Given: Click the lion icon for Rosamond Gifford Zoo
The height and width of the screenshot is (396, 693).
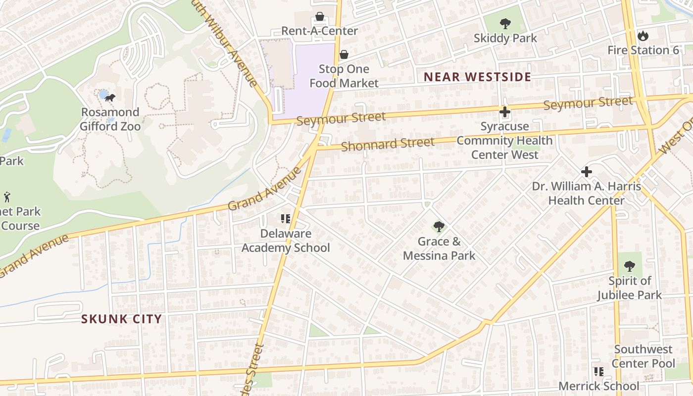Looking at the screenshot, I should [110, 98].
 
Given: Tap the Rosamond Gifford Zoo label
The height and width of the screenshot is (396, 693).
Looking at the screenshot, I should [110, 119].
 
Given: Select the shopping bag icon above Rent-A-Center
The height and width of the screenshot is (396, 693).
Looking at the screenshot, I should [320, 16].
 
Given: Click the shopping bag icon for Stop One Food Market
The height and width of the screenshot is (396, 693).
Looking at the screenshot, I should [344, 54].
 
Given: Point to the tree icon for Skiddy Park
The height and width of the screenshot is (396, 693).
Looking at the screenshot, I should [505, 23].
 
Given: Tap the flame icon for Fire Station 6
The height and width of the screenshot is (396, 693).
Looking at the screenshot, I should [643, 36].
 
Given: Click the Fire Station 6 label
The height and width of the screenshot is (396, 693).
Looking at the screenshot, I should [643, 50].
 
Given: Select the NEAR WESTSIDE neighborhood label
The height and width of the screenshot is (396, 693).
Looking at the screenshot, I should [478, 77].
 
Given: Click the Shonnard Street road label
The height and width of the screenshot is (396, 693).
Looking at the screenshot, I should [388, 144].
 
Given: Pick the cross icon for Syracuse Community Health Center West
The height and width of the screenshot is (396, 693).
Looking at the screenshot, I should [504, 112].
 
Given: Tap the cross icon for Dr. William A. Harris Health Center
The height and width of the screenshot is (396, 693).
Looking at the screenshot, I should [586, 172].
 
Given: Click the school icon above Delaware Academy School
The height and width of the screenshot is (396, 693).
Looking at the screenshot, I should [285, 219].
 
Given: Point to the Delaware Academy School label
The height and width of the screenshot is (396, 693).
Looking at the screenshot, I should [286, 241].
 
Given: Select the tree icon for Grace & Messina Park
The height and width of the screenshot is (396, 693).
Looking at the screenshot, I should [439, 227].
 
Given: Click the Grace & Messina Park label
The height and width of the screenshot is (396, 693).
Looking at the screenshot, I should [439, 248].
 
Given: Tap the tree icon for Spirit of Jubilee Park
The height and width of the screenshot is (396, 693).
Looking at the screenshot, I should [629, 266].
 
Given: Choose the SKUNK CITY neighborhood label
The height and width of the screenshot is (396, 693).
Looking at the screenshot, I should [121, 319].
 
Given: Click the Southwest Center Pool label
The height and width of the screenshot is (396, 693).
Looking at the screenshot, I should [643, 356].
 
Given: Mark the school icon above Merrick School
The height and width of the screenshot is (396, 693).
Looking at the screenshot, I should [598, 371].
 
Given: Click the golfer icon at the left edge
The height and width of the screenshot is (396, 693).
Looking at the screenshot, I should [7, 197].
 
